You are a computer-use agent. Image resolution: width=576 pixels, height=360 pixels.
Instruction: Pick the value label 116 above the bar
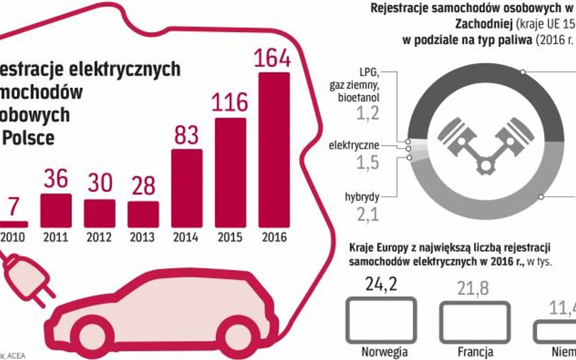[230, 102]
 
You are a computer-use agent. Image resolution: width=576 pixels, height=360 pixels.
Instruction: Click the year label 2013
[143, 237]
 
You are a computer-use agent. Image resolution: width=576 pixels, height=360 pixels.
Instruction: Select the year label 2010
[13, 237]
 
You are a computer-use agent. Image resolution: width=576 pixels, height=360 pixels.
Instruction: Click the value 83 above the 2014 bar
[187, 134]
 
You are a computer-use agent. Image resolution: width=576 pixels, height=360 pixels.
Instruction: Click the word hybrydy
[363, 197]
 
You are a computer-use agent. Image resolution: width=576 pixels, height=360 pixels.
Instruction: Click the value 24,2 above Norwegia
[382, 284]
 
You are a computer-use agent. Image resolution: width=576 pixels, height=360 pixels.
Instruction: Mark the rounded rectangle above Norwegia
[382, 319]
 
